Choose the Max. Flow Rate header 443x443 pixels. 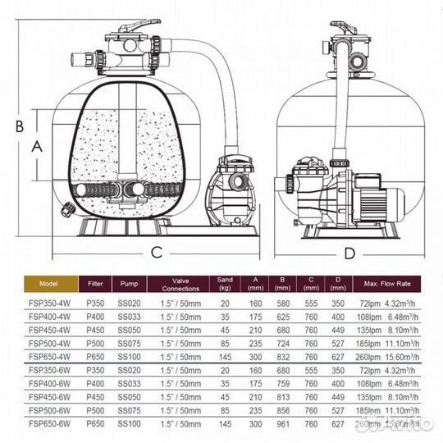(388, 284)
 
